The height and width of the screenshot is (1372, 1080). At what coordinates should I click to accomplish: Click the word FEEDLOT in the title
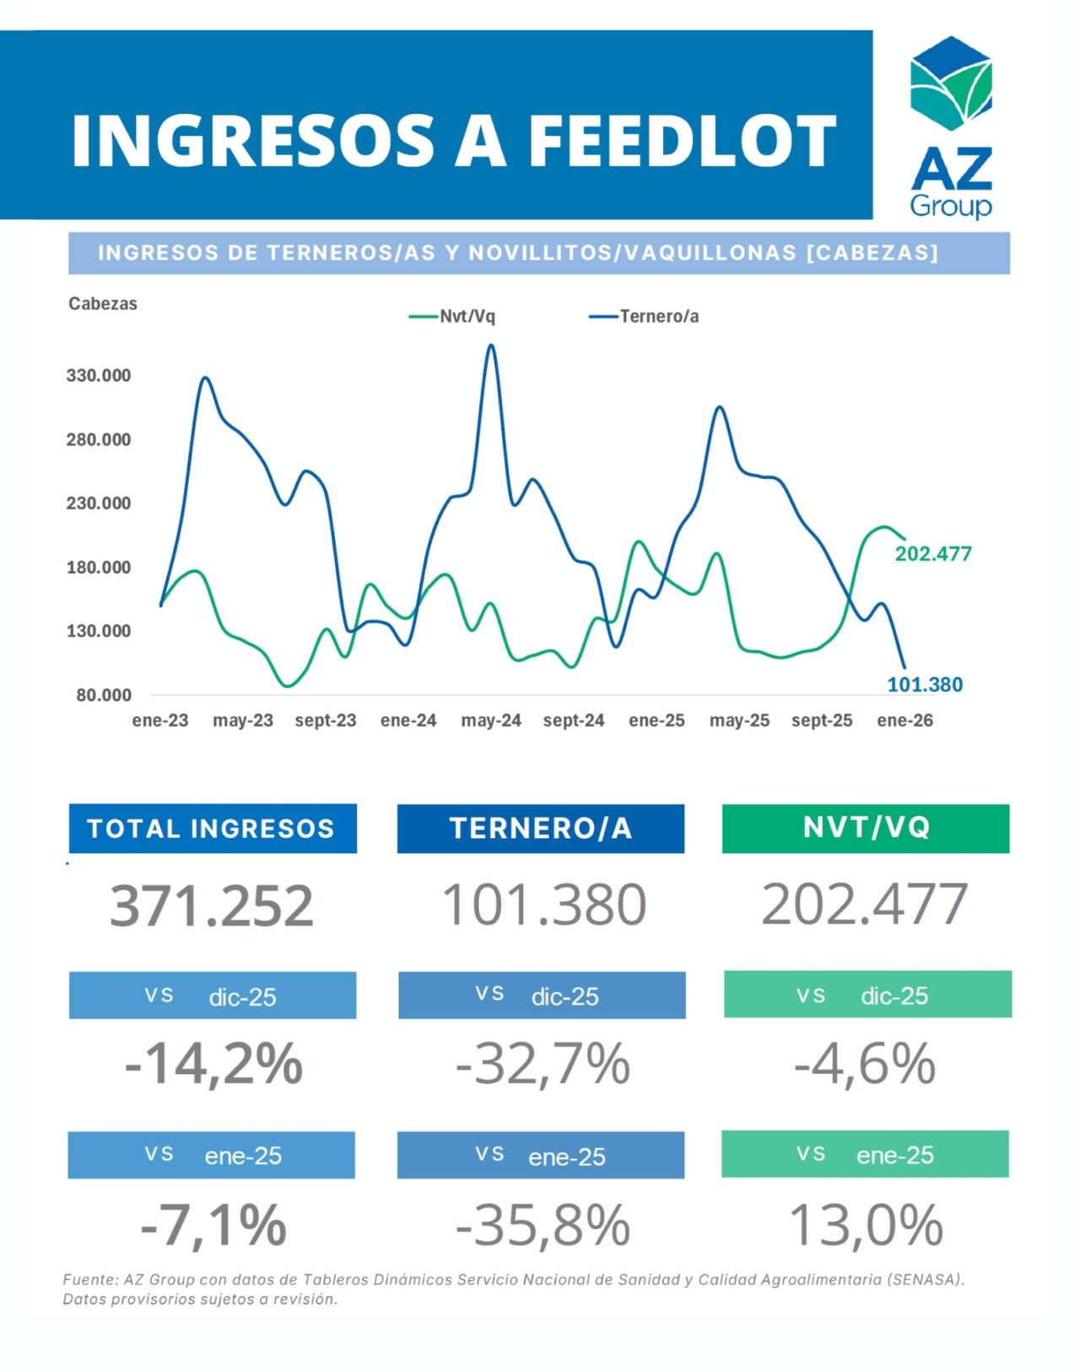coord(682,142)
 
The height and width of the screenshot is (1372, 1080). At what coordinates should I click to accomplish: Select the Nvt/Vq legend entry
coord(453,316)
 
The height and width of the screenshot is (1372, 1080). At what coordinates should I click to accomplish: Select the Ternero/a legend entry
coord(645,316)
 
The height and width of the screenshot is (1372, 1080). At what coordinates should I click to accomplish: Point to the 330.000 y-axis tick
coord(99,375)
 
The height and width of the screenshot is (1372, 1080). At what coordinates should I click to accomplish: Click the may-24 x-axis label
coord(491,720)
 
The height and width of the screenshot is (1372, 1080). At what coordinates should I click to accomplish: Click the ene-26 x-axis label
coord(904,720)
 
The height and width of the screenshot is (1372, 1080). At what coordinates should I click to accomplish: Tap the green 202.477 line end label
coord(933,553)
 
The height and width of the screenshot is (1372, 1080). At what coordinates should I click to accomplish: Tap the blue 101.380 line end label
coord(925,684)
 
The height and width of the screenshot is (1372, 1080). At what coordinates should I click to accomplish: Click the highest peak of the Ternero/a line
coord(492,345)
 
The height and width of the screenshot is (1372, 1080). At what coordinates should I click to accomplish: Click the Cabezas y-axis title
coord(103,304)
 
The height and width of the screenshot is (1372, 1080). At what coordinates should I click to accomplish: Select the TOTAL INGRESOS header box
coord(212,828)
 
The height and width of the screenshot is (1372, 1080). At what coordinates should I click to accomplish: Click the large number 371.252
coord(212,906)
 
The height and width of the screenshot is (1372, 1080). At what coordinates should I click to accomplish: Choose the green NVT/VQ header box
coord(866,828)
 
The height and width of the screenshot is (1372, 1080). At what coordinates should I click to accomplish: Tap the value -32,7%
coord(543,1063)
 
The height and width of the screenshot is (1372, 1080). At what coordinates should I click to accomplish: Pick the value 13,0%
coord(866,1224)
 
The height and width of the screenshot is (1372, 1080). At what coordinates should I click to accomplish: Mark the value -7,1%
coord(213,1224)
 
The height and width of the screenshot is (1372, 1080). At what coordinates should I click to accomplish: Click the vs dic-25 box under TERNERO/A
coord(542,995)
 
